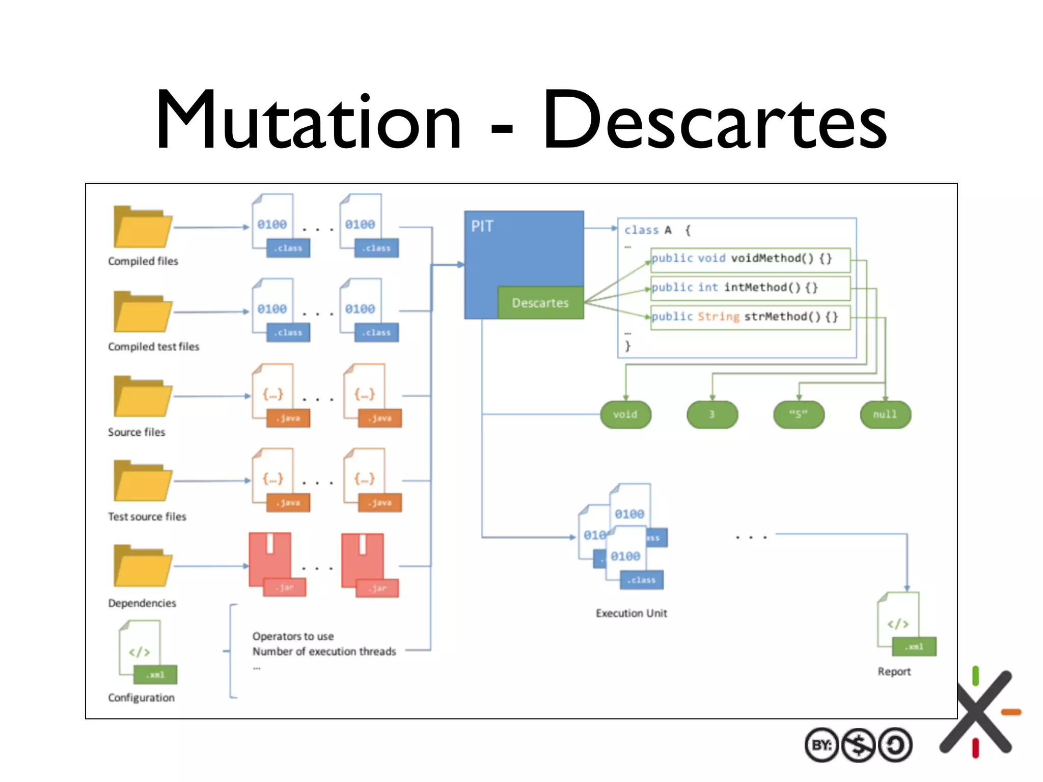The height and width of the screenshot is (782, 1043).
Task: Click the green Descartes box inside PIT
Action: [540, 303]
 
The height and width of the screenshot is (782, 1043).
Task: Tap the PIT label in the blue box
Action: [482, 226]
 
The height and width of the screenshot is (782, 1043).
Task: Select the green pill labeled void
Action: [625, 414]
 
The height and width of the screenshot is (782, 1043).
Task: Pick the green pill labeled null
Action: [885, 414]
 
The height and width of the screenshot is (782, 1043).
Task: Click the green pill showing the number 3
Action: [712, 414]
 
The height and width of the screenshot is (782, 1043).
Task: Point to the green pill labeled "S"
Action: [799, 414]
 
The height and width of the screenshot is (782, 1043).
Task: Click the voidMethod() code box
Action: [750, 259]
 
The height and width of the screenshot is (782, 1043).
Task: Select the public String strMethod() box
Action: [750, 317]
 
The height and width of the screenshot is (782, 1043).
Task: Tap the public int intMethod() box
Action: [750, 288]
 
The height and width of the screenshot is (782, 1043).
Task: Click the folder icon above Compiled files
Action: [142, 228]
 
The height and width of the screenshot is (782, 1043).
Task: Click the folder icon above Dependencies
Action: [142, 566]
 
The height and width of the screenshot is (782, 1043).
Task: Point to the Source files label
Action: [136, 432]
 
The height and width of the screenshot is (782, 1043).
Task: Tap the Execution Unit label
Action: [631, 613]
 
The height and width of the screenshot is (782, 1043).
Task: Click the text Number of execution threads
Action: [324, 652]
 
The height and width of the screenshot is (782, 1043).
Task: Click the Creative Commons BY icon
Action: [821, 745]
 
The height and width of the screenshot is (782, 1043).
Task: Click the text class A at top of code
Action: [648, 230]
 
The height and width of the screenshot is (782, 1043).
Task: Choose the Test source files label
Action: [147, 517]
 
